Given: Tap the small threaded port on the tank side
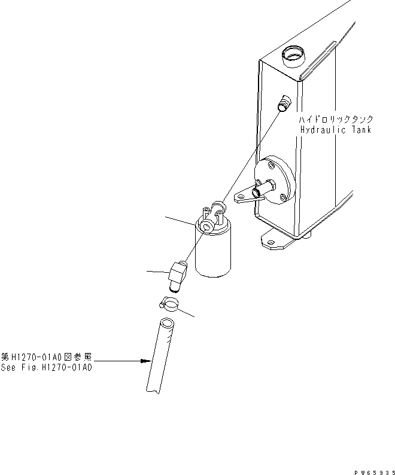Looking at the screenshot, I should pyautogui.click(x=284, y=103).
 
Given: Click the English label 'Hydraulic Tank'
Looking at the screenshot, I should pyautogui.click(x=336, y=130).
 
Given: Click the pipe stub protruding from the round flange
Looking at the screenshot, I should pyautogui.click(x=262, y=191).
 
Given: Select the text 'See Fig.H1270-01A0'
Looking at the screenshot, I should pyautogui.click(x=47, y=367).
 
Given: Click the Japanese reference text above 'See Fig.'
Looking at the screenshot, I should pyautogui.click(x=47, y=358).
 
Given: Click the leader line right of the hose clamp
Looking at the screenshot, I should pyautogui.click(x=187, y=313).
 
